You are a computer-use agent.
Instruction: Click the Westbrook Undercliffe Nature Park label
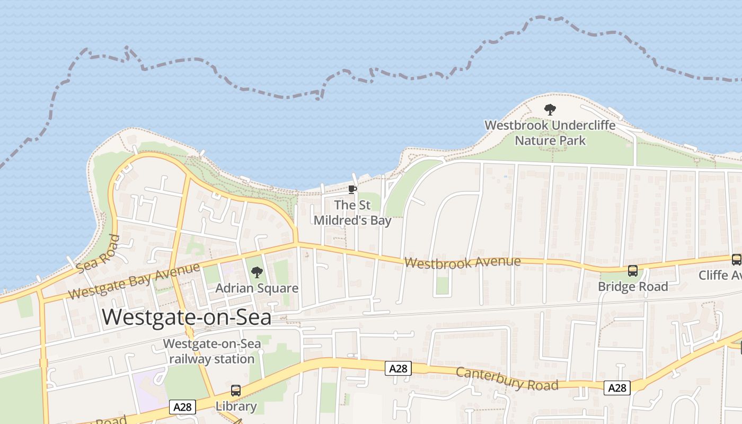click(550, 133)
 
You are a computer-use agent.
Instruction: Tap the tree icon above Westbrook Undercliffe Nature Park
click(550, 110)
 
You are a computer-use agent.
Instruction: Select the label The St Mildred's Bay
click(352, 213)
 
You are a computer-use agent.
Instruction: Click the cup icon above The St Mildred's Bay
click(352, 189)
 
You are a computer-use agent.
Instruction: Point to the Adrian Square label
click(257, 288)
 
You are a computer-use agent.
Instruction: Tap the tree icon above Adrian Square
click(257, 272)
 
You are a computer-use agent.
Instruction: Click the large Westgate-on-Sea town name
click(187, 317)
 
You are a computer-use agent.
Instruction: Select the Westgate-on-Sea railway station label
click(211, 351)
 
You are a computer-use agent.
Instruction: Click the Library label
click(236, 407)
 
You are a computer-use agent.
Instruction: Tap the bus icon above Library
click(236, 391)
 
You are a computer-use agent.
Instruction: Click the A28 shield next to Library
click(183, 407)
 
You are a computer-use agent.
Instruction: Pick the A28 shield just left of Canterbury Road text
click(398, 368)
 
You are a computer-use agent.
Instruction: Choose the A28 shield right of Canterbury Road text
click(617, 388)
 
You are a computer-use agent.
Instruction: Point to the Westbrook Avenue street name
click(462, 262)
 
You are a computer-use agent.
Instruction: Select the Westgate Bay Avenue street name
click(134, 280)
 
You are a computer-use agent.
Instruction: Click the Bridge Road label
click(633, 287)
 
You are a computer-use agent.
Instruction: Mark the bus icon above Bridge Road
click(633, 271)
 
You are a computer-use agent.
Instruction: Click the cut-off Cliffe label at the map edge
click(720, 275)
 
